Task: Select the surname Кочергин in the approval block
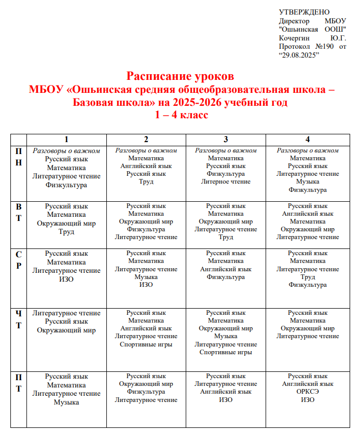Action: pos(294,38)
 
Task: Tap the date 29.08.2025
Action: pos(299,54)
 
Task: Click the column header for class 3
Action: pos(226,139)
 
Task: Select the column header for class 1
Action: pos(66,139)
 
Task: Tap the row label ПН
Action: pos(19,156)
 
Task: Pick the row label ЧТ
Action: pos(19,319)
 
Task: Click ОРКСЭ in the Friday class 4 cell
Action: pos(308,392)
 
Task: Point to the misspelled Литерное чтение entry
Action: pos(226,182)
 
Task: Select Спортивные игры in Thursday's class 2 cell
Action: pos(146,344)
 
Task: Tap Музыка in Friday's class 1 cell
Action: pos(66,402)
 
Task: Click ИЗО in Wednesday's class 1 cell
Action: pos(66,279)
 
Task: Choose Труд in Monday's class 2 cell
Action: pos(146,182)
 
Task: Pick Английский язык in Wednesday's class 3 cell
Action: pos(226,269)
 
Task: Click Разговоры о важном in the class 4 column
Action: pos(308,150)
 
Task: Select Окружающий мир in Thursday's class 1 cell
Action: pos(66,330)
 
